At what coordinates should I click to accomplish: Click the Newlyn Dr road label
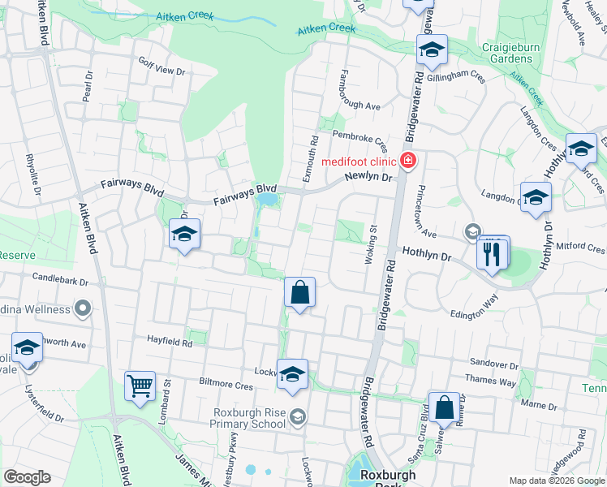(x=368, y=176)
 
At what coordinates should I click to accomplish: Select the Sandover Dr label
(x=493, y=365)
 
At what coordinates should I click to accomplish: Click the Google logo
(x=28, y=476)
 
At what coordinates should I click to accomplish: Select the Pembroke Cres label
(x=359, y=139)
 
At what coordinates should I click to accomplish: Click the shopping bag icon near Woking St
(x=300, y=292)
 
